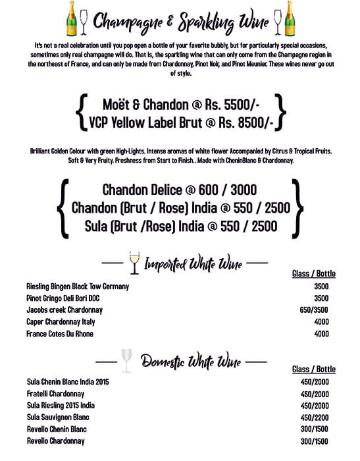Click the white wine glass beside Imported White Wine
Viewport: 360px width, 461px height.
click(134, 261)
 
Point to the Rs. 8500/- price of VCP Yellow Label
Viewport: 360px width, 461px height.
click(247, 122)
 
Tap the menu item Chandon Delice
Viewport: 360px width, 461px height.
click(141, 190)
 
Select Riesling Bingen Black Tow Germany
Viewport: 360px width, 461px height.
click(77, 286)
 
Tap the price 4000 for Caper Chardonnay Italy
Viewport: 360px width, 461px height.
click(321, 322)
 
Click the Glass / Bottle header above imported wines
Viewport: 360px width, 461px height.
click(313, 273)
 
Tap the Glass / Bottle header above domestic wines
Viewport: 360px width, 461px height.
click(313, 369)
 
